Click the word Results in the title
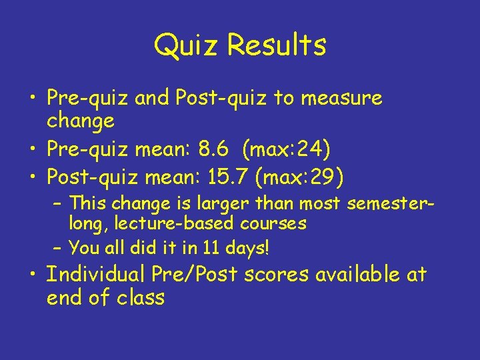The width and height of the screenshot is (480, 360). (x=276, y=45)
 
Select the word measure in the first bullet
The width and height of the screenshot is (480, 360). (x=342, y=99)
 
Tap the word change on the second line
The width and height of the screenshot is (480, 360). (x=81, y=121)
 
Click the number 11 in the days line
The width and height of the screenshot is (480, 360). (x=211, y=249)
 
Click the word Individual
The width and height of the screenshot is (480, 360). (x=97, y=274)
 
